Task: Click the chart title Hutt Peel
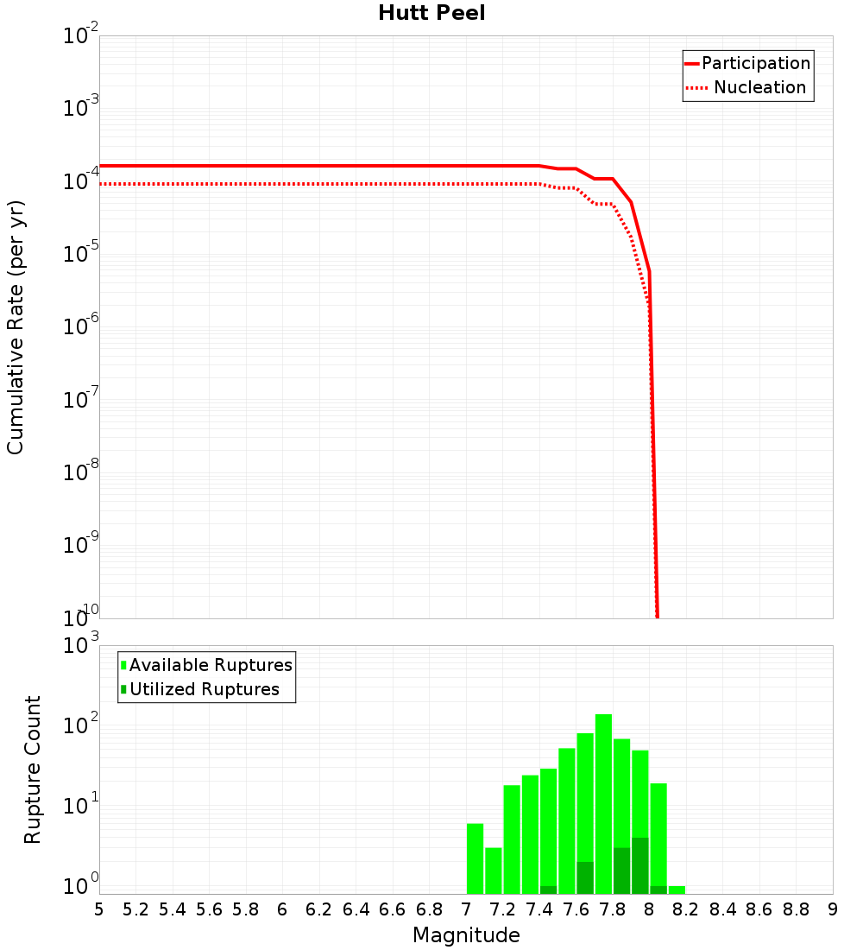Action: pyautogui.click(x=431, y=14)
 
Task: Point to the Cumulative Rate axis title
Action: pyautogui.click(x=16, y=326)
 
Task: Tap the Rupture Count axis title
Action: pyautogui.click(x=33, y=769)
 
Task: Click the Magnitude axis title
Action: pyautogui.click(x=466, y=935)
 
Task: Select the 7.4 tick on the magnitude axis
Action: pyautogui.click(x=539, y=909)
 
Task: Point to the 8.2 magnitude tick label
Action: pyautogui.click(x=686, y=909)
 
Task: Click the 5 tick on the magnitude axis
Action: pyautogui.click(x=99, y=909)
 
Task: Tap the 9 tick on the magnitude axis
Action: pyautogui.click(x=833, y=909)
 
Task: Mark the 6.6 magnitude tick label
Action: pyautogui.click(x=393, y=909)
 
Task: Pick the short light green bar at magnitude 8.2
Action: pyautogui.click(x=677, y=890)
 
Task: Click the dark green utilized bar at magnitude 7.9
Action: pyautogui.click(x=639, y=865)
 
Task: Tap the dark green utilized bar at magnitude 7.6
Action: pyautogui.click(x=585, y=877)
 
